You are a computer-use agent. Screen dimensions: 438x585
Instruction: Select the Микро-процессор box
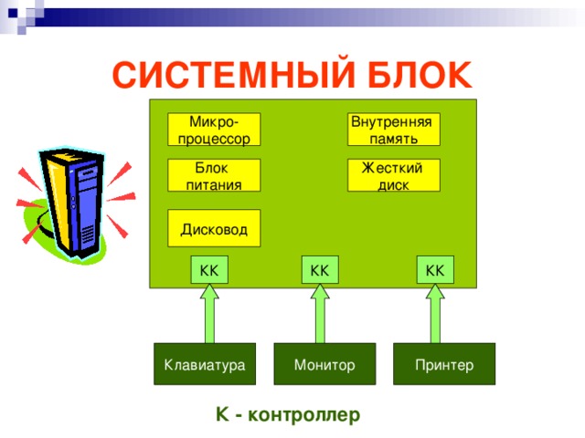tap(214, 130)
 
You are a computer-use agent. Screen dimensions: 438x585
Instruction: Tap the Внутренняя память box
tap(393, 130)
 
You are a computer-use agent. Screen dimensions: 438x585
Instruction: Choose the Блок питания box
tap(214, 175)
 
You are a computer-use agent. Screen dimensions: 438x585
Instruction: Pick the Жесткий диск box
tap(393, 175)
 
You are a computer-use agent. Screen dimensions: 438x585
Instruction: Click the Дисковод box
tap(214, 228)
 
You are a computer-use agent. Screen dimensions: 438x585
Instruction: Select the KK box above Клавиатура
tap(208, 270)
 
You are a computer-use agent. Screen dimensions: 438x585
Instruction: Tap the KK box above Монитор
tap(319, 270)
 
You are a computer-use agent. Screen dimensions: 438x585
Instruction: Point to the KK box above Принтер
tap(435, 270)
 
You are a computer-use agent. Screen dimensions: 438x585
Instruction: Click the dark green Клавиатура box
tap(204, 364)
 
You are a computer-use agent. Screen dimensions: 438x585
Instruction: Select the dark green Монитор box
tap(324, 364)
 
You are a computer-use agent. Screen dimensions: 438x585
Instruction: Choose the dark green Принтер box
tap(444, 364)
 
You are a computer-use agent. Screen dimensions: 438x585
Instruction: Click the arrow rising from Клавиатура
tap(209, 315)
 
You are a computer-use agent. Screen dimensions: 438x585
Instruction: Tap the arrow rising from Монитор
tap(320, 315)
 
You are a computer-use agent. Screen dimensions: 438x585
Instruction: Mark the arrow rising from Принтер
tap(435, 315)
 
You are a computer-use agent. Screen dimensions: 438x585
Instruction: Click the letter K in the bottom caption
tap(221, 415)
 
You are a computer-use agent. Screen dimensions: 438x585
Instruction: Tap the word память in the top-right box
tap(394, 139)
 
